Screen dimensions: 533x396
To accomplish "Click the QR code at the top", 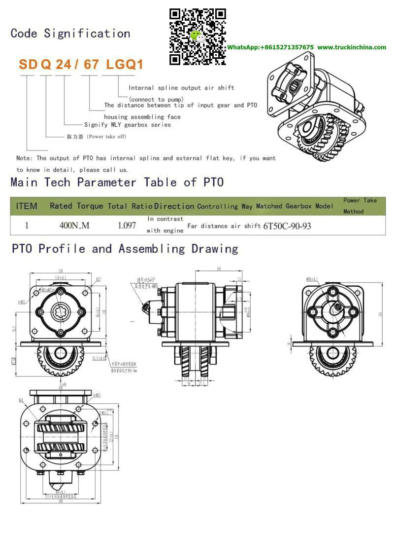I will pyautogui.click(x=198, y=37).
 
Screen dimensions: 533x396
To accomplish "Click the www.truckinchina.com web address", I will pyautogui.click(x=352, y=47).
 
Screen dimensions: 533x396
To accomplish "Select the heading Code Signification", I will pyautogui.click(x=70, y=34).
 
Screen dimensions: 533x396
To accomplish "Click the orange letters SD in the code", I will pyautogui.click(x=28, y=65).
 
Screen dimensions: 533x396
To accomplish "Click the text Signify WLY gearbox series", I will pyautogui.click(x=128, y=125).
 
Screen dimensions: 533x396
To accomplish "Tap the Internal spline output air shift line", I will pyautogui.click(x=181, y=88).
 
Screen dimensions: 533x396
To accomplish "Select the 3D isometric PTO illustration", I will pyautogui.click(x=315, y=112).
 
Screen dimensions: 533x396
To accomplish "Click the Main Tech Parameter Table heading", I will pyautogui.click(x=117, y=182).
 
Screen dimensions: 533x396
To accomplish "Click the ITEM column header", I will pyautogui.click(x=27, y=206).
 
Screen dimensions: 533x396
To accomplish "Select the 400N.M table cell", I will pyautogui.click(x=74, y=226).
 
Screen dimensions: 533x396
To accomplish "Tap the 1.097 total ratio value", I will pyautogui.click(x=127, y=226).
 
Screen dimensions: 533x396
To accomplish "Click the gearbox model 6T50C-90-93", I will pyautogui.click(x=287, y=226).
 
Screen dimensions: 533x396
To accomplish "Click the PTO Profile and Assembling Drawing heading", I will pyautogui.click(x=125, y=249).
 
